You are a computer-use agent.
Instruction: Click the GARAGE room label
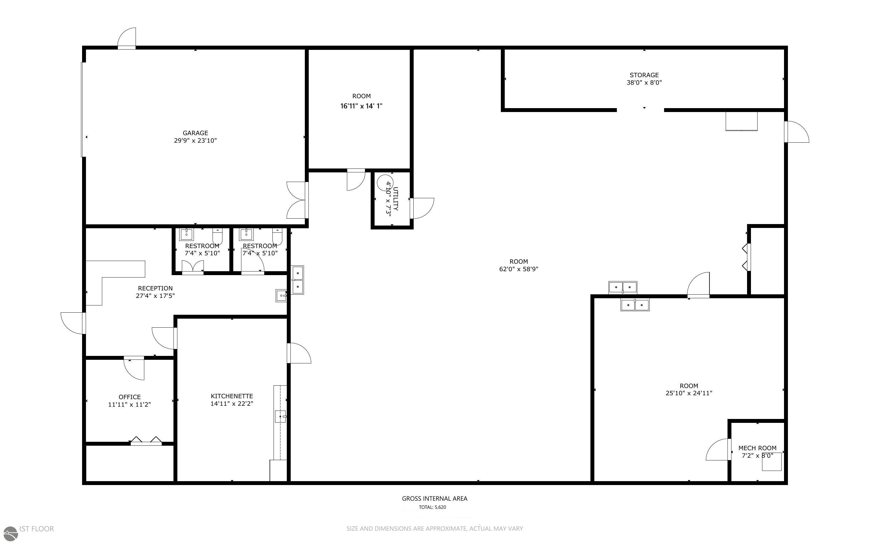pyautogui.click(x=195, y=133)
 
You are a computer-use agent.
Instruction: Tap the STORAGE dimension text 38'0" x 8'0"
pyautogui.click(x=644, y=83)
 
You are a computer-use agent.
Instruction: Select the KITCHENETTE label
pyautogui.click(x=232, y=396)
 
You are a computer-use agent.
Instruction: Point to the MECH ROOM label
pyautogui.click(x=757, y=448)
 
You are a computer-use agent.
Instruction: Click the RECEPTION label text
pyautogui.click(x=155, y=288)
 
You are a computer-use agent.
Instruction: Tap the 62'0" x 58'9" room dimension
pyautogui.click(x=518, y=269)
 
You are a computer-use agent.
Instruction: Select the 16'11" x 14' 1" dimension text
pyautogui.click(x=361, y=106)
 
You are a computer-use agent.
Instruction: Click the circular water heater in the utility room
pyautogui.click(x=384, y=182)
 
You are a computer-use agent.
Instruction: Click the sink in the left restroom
pyautogui.click(x=186, y=234)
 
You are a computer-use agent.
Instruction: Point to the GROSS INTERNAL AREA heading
pyautogui.click(x=434, y=498)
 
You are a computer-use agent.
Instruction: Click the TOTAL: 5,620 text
pyautogui.click(x=432, y=507)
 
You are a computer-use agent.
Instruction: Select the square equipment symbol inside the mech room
pyautogui.click(x=771, y=462)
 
